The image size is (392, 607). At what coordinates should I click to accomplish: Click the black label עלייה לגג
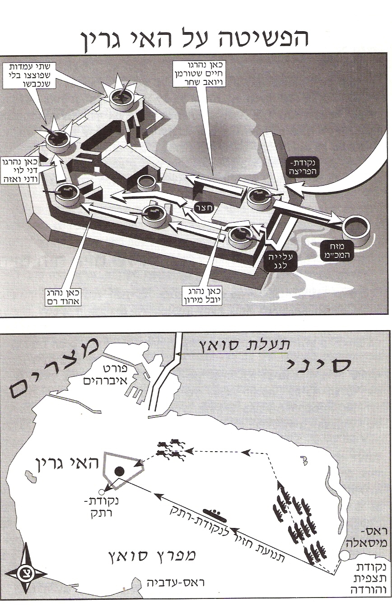pos(280,261)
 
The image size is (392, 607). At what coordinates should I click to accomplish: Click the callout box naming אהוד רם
pos(64,298)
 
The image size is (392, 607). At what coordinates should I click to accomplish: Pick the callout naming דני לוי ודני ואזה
pos(20,170)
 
